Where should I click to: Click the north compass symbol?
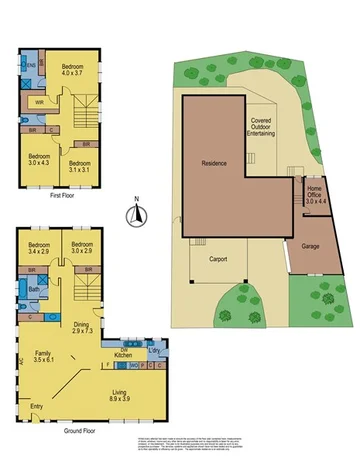pos(141,212)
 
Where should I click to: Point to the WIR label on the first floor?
pos(39,101)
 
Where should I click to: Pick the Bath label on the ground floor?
pos(33,290)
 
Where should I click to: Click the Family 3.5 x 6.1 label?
pos(43,358)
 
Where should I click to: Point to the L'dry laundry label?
pos(156,349)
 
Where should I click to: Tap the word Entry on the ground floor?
pos(37,407)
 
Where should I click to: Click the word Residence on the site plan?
pos(214,162)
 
